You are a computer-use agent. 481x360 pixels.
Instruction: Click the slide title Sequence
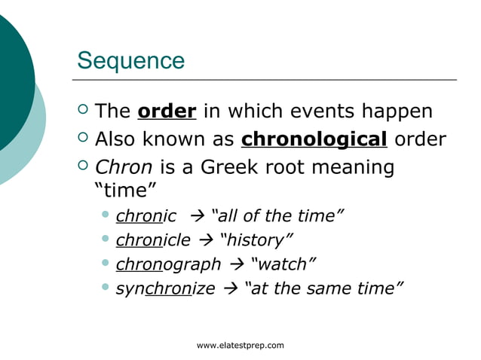click(x=130, y=60)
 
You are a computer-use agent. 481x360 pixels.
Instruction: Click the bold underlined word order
click(x=167, y=111)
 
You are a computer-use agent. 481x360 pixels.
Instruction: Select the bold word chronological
click(x=314, y=139)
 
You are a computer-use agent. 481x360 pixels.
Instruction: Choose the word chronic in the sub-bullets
click(x=146, y=217)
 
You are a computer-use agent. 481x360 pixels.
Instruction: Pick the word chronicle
click(x=153, y=240)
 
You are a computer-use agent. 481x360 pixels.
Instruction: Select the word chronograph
click(x=168, y=264)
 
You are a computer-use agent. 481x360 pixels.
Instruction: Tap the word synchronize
click(x=165, y=288)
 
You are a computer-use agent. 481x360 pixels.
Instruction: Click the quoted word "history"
click(x=256, y=240)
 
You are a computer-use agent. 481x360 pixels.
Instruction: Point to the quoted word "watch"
click(x=282, y=264)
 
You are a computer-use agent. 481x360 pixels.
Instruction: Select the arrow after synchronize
click(x=230, y=288)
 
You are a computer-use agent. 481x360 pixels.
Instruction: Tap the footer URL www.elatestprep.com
click(x=240, y=345)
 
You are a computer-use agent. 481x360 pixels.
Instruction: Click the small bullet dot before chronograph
click(x=106, y=264)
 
